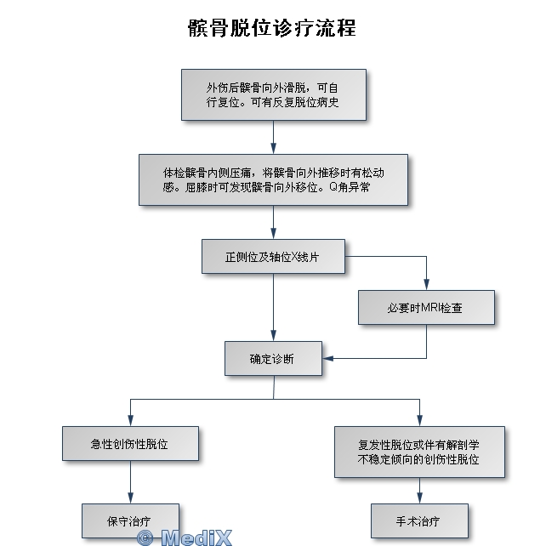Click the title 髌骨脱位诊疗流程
[272, 28]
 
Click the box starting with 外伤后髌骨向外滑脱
[273, 94]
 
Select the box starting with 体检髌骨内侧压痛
[273, 179]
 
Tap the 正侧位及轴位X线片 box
[273, 256]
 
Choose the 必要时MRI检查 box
[425, 307]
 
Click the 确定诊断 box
[273, 358]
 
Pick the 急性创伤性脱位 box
[130, 443]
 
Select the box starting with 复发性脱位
[419, 452]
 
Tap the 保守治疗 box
[130, 520]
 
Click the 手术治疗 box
[419, 520]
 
